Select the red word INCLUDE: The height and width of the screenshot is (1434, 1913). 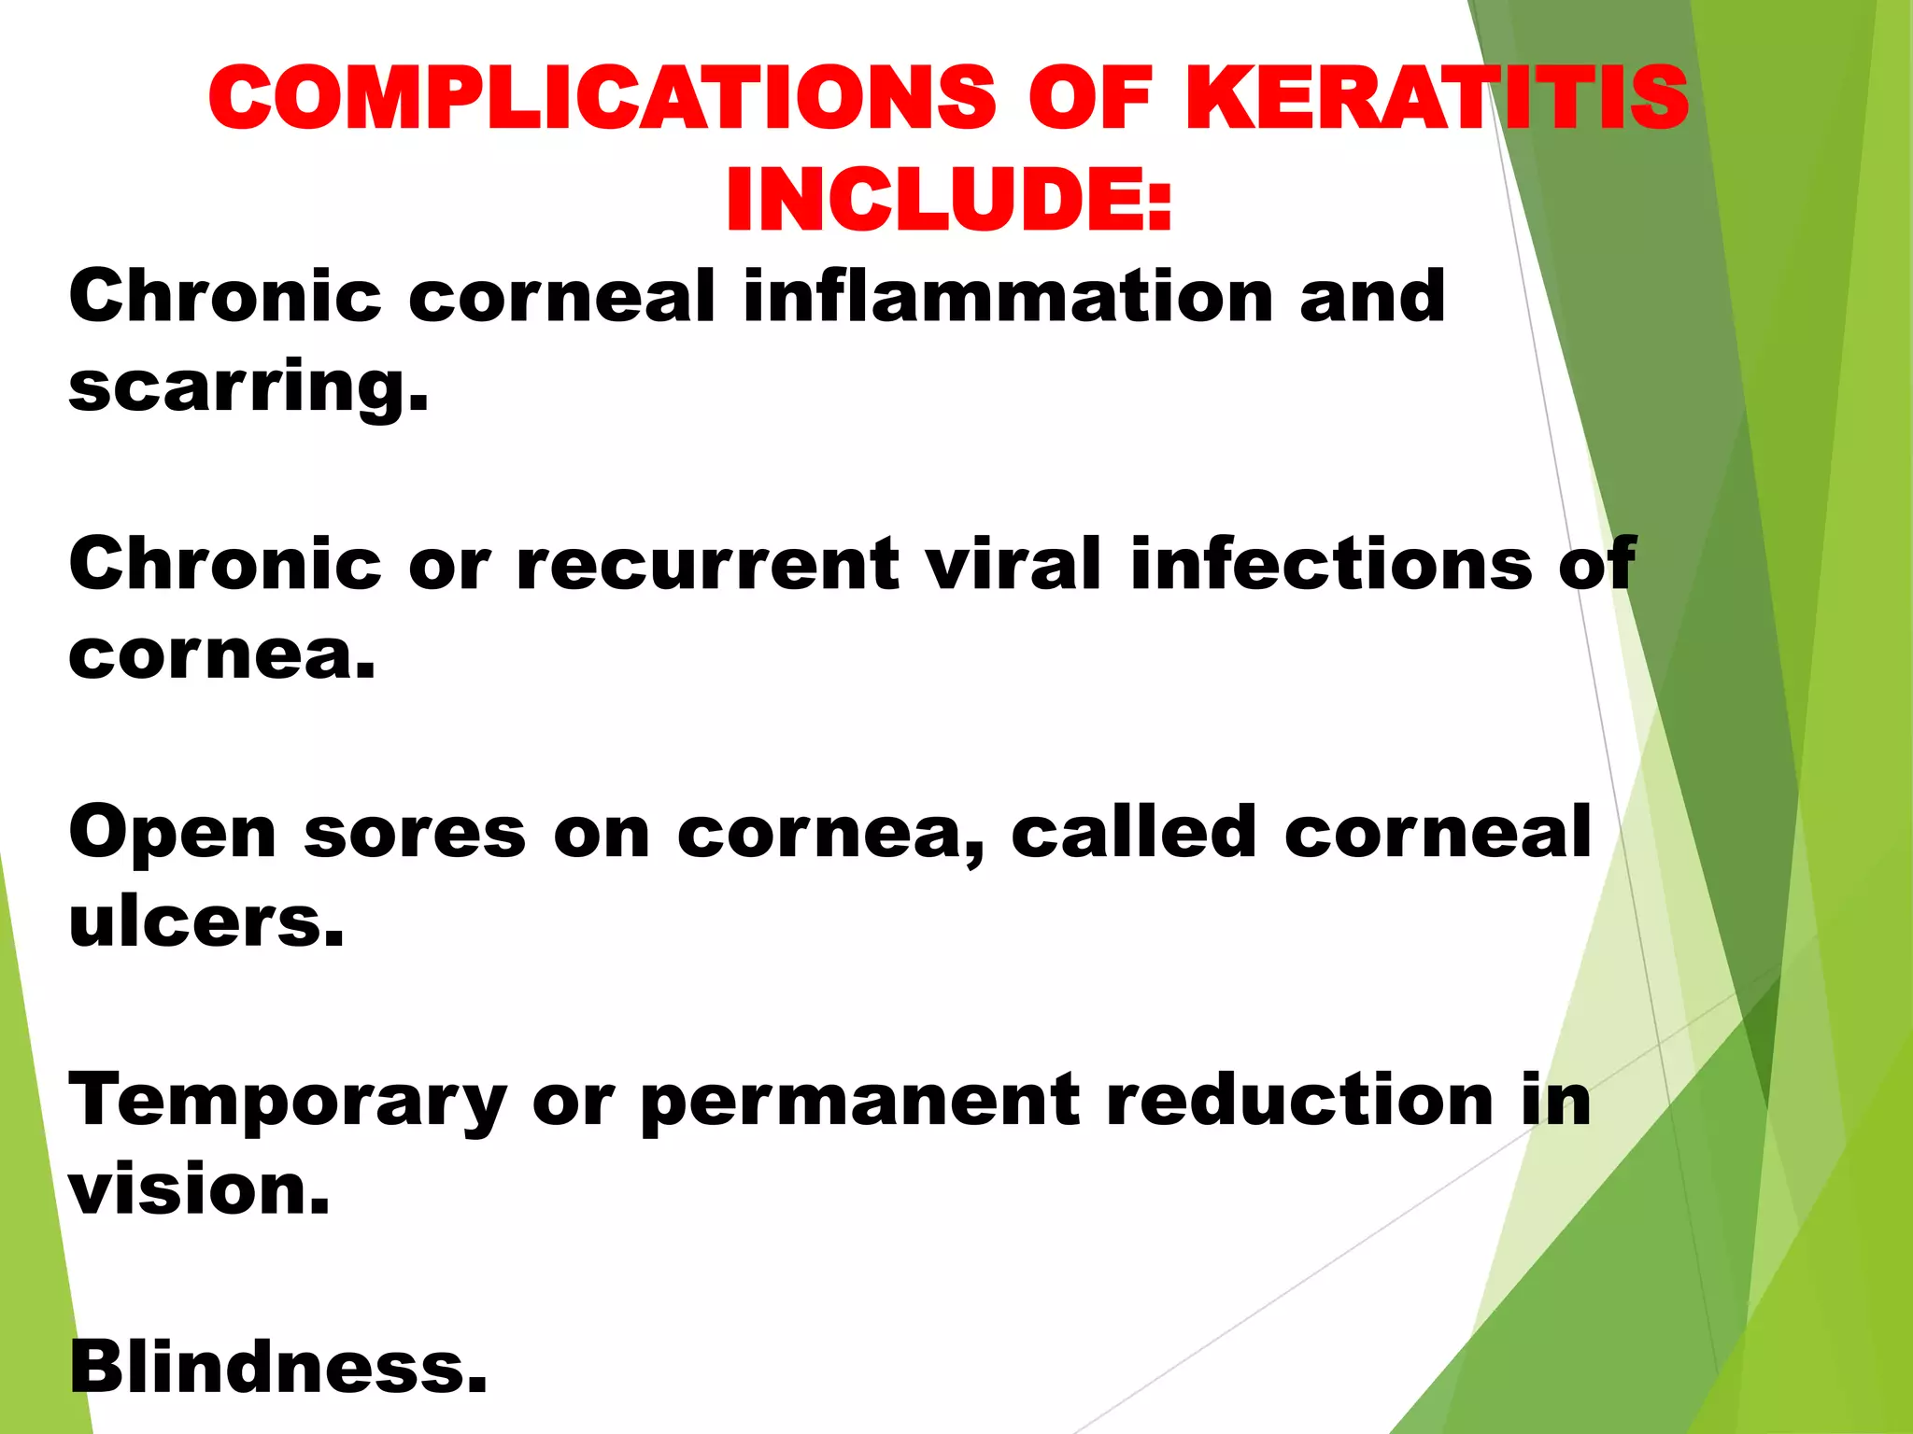pyautogui.click(x=948, y=201)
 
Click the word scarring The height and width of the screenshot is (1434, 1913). pyautogui.click(x=248, y=387)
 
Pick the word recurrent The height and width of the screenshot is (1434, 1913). pyautogui.click(x=706, y=565)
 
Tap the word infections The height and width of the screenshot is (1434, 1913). pyautogui.click(x=1330, y=565)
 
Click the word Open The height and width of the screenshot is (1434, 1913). pyautogui.click(x=172, y=834)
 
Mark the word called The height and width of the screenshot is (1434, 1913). pyautogui.click(x=1133, y=832)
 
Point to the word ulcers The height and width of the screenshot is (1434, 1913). pyautogui.click(x=206, y=922)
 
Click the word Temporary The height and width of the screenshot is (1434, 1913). pyautogui.click(x=287, y=1103)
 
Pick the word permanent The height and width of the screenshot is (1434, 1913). pyautogui.click(x=859, y=1103)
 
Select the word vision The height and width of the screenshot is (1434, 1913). pyautogui.click(x=199, y=1191)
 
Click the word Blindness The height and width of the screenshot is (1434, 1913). pyautogui.click(x=277, y=1367)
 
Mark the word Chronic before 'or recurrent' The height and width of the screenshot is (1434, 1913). pyautogui.click(x=224, y=565)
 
